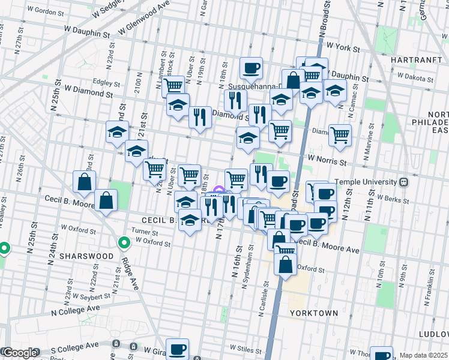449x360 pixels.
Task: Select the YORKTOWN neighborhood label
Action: pos(313,313)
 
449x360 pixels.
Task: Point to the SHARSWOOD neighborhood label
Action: pos(90,256)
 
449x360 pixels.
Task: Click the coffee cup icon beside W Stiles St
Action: pos(177,349)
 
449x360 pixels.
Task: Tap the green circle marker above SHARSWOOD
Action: pos(124,243)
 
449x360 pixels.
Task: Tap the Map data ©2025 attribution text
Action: pos(423,355)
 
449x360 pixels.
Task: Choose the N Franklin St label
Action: pos(430,282)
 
